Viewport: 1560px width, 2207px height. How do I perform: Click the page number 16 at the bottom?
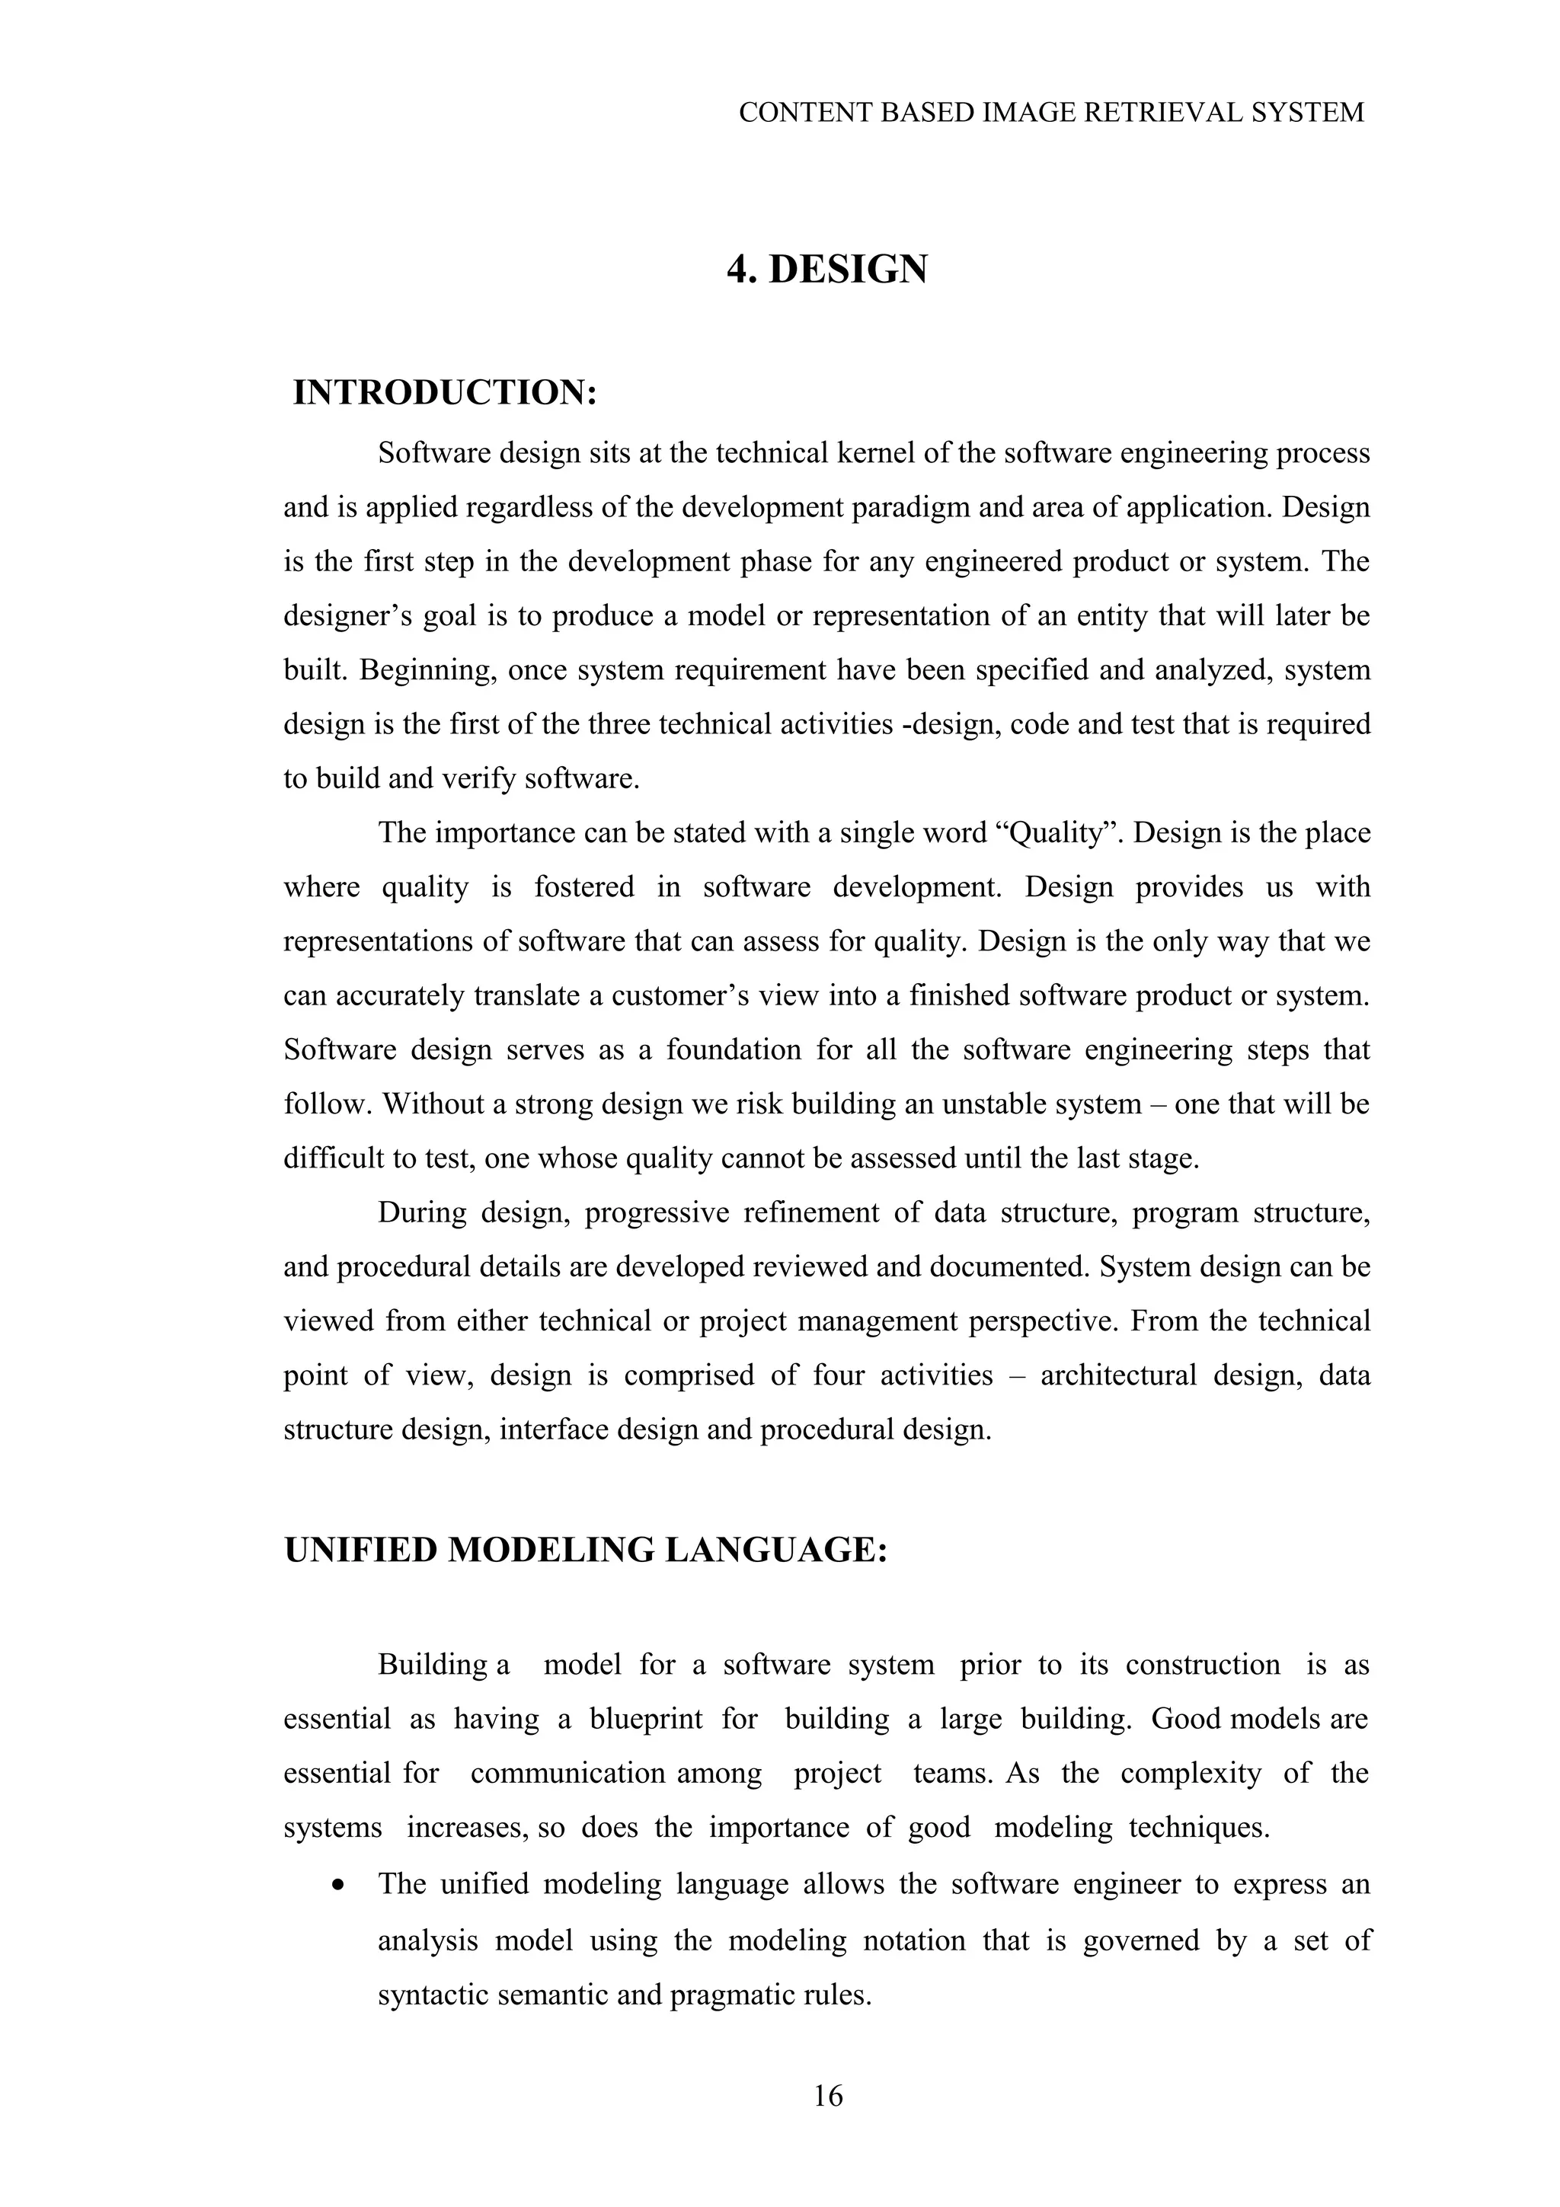(x=827, y=2096)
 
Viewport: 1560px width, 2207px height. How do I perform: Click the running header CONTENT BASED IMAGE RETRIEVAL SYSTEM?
(x=1050, y=113)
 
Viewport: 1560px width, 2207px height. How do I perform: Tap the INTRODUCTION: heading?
(x=445, y=392)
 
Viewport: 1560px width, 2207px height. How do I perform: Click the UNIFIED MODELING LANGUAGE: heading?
(x=585, y=1550)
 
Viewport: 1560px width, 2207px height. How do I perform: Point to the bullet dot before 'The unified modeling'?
(x=337, y=1886)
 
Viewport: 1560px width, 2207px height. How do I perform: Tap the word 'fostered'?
(x=584, y=886)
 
